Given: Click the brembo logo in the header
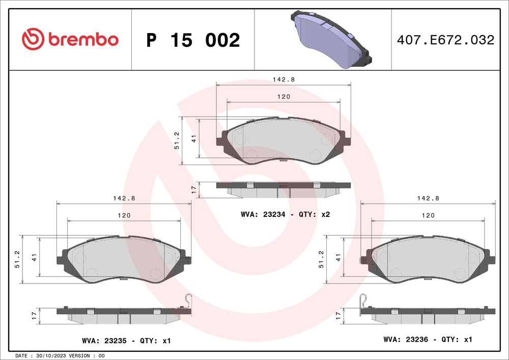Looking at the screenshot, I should (x=70, y=39).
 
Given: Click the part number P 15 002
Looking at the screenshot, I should (x=193, y=40).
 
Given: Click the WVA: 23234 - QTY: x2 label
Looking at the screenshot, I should (x=286, y=215).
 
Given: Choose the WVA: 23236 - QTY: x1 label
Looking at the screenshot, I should (x=429, y=339).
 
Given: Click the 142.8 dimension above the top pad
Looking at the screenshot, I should (x=284, y=79).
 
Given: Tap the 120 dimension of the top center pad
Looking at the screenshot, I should (x=284, y=97).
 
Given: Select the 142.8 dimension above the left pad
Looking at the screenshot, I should (x=124, y=199).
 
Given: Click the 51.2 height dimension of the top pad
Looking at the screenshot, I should (x=177, y=141).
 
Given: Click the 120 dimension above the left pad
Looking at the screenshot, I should (x=124, y=215).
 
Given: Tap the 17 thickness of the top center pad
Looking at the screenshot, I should (x=193, y=189).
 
